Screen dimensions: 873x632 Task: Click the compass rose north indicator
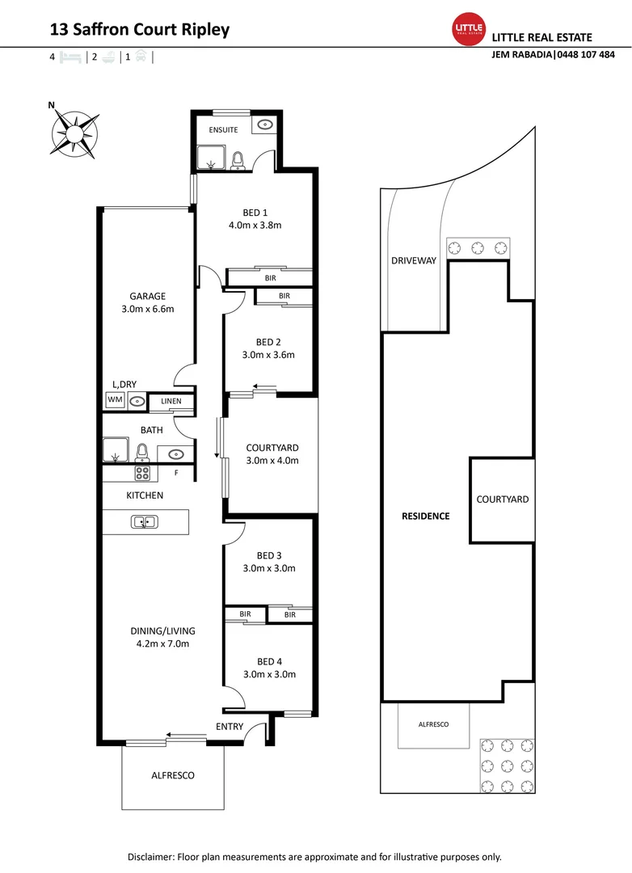click(52, 105)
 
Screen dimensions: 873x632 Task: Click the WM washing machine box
click(114, 400)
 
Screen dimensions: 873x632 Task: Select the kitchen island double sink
click(144, 521)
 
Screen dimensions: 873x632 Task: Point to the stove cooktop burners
click(142, 474)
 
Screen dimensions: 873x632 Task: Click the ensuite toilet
click(238, 161)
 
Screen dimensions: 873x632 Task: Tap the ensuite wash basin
click(264, 124)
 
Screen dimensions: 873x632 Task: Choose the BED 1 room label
click(255, 213)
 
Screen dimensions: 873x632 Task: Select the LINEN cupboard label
click(171, 401)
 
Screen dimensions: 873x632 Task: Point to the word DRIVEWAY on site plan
click(414, 260)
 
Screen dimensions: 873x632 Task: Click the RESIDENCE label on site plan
click(426, 516)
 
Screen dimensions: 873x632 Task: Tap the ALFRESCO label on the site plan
click(433, 724)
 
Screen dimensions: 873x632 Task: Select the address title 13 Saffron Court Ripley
click(140, 30)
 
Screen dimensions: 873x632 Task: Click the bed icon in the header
click(70, 57)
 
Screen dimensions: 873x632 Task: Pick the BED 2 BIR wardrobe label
click(284, 297)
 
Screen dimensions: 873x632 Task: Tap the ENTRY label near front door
click(230, 727)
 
